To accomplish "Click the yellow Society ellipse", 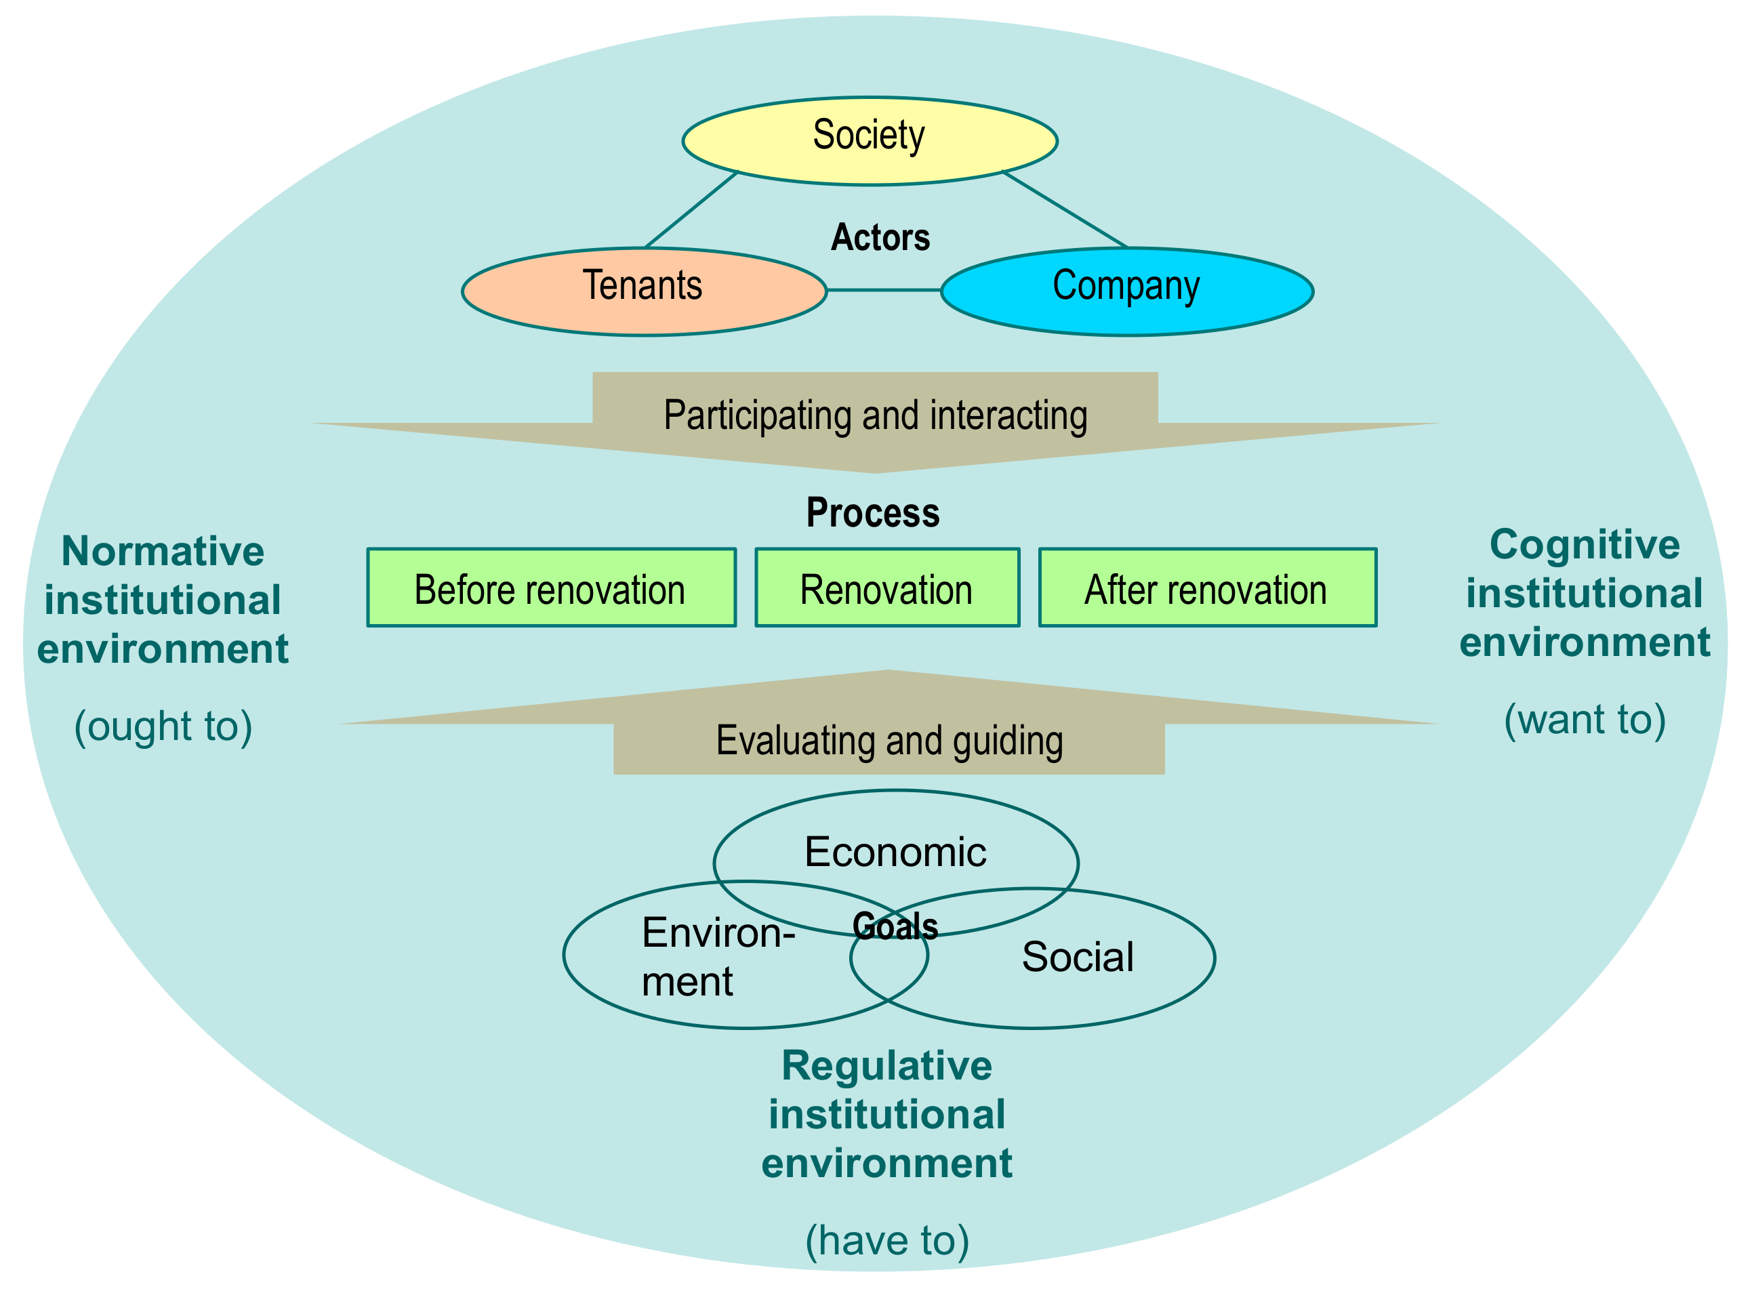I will [x=869, y=141].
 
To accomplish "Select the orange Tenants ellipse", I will [x=643, y=291].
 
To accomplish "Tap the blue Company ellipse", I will [x=1126, y=291].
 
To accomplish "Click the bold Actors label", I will [x=880, y=237].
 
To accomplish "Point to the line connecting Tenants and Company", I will [x=883, y=289].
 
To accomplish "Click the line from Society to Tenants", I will [x=691, y=209].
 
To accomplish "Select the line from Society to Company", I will [x=1065, y=209].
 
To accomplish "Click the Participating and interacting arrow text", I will [x=875, y=415].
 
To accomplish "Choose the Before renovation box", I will [x=550, y=587].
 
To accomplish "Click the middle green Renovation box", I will [x=886, y=587].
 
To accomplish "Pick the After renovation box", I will [x=1206, y=587].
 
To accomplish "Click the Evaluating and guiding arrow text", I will [x=889, y=741].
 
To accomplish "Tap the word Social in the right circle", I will [x=1077, y=956].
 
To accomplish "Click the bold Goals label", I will [x=895, y=926].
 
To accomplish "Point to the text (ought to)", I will [x=163, y=726].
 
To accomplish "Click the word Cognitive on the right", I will [x=1584, y=544].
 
